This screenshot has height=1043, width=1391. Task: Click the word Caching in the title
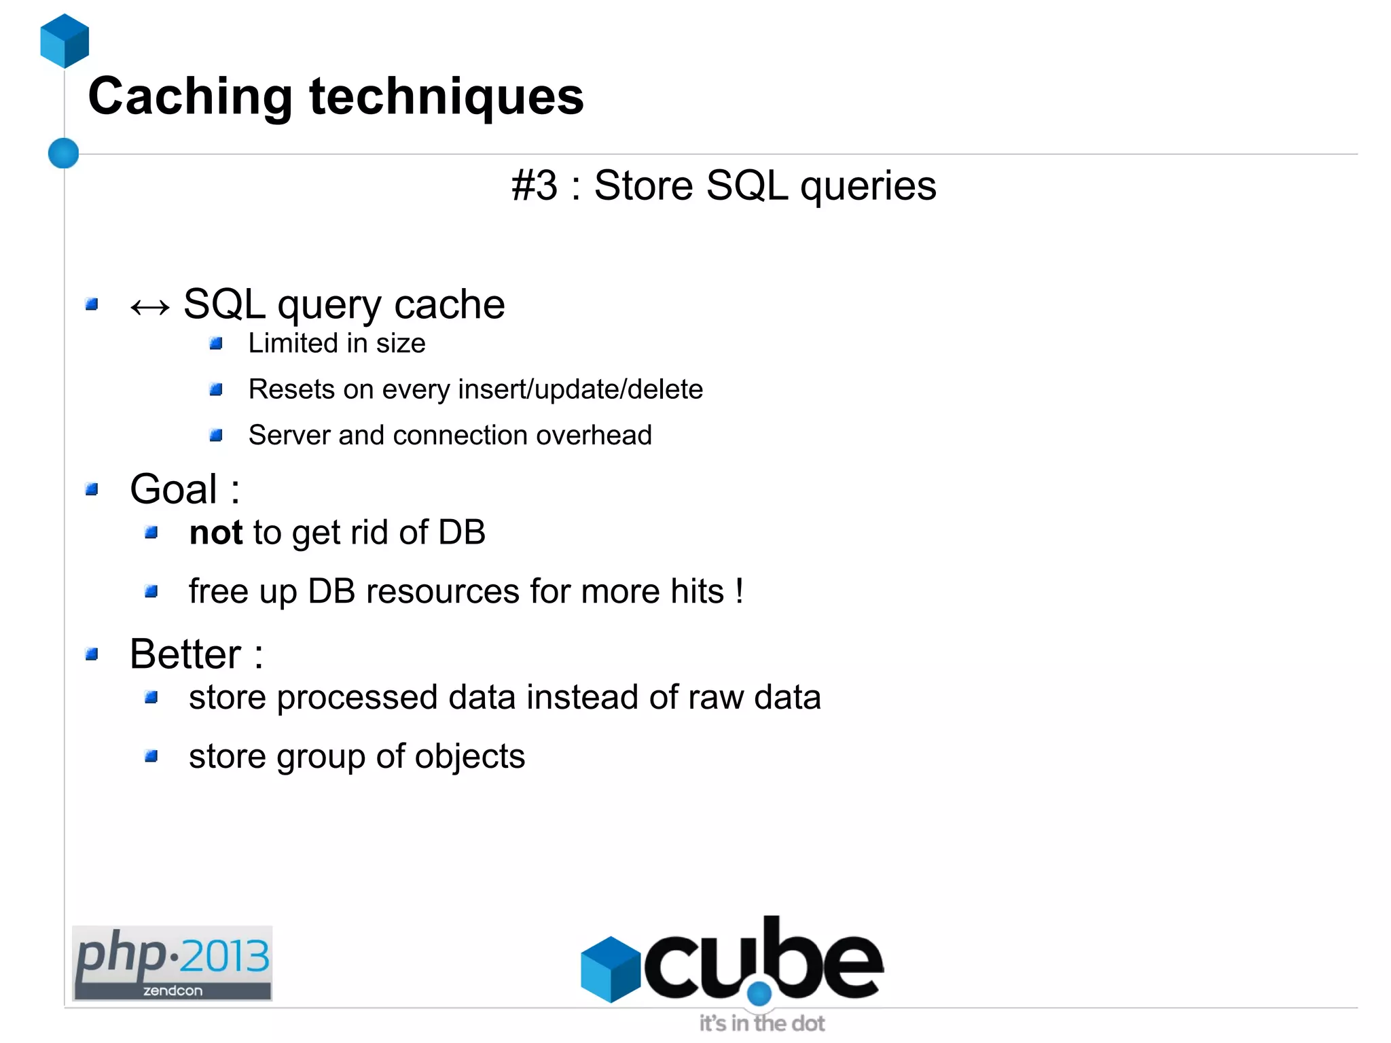pyautogui.click(x=190, y=96)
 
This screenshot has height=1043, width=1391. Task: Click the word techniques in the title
pyautogui.click(x=446, y=96)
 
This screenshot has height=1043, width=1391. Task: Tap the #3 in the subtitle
pyautogui.click(x=534, y=185)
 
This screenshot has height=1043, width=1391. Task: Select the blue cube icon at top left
pyautogui.click(x=65, y=41)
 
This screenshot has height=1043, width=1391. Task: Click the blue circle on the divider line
pyautogui.click(x=64, y=153)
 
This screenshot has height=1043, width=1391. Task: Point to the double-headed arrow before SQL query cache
pyautogui.click(x=150, y=308)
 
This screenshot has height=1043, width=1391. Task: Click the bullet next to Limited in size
pyautogui.click(x=216, y=344)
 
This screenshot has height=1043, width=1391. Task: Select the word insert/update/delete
pyautogui.click(x=581, y=389)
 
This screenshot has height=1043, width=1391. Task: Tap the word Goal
pyautogui.click(x=174, y=489)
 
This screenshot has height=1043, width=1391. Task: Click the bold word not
pyautogui.click(x=215, y=532)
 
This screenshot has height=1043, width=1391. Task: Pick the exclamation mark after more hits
pyautogui.click(x=739, y=590)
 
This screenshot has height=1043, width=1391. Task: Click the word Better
pyautogui.click(x=185, y=654)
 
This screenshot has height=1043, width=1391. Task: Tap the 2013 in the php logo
pyautogui.click(x=225, y=956)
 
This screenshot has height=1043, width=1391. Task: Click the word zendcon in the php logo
pyautogui.click(x=173, y=991)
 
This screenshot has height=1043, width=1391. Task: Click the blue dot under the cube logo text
pyautogui.click(x=759, y=993)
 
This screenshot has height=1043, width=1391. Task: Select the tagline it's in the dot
pyautogui.click(x=761, y=1023)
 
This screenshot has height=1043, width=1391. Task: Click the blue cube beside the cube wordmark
pyautogui.click(x=611, y=968)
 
